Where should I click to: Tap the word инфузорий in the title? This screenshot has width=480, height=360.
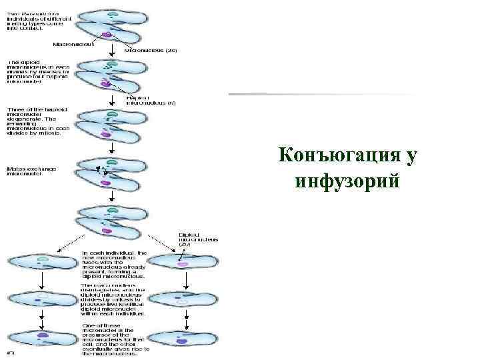347,179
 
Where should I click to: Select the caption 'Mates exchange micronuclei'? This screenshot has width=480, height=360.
31,171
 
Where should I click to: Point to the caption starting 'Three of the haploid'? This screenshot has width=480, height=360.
34,121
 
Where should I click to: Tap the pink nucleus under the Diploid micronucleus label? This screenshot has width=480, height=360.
183,265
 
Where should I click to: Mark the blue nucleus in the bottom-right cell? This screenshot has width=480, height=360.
182,341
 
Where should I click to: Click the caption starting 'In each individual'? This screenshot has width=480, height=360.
114,264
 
